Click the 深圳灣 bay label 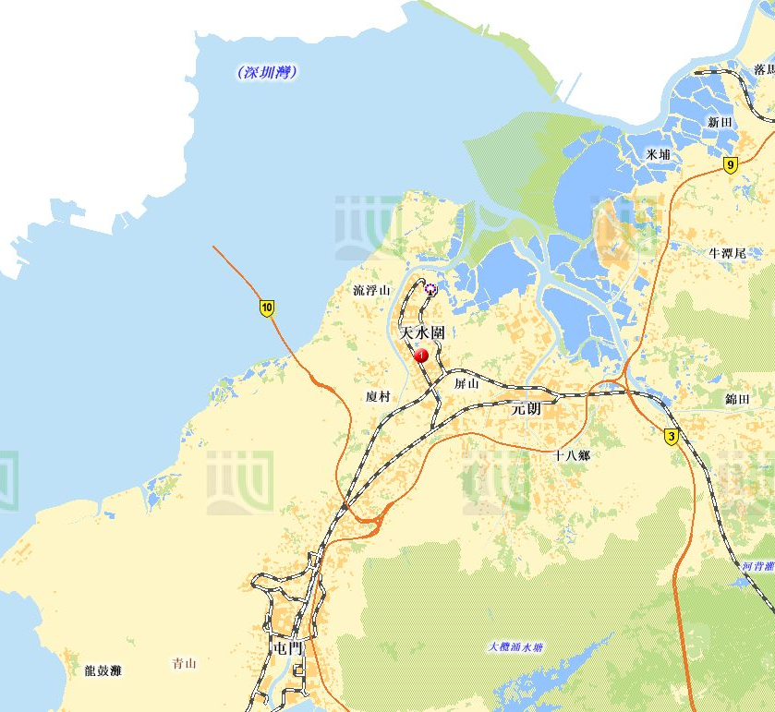[x=267, y=72]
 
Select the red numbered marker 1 [x=421, y=355]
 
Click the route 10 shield [x=267, y=308]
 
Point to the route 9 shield [x=731, y=165]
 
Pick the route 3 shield [x=672, y=437]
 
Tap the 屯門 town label [x=288, y=648]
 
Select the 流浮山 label [x=372, y=290]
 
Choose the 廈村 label [x=378, y=396]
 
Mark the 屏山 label [x=466, y=382]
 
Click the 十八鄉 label [x=571, y=455]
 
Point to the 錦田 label [x=738, y=398]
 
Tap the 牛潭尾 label [x=727, y=252]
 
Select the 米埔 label [x=659, y=154]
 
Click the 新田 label [x=721, y=122]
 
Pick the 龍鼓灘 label [x=103, y=670]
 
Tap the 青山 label [x=185, y=663]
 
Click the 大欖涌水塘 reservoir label [x=515, y=646]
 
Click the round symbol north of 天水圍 [x=430, y=287]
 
